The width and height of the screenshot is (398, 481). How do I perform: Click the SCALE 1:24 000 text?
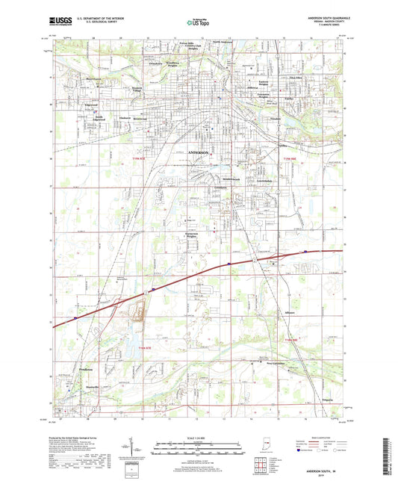199,438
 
